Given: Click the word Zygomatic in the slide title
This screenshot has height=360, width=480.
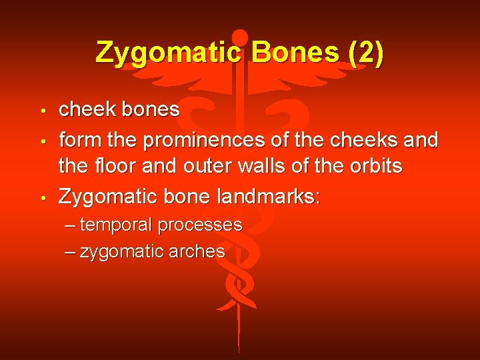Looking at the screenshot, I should pos(169,53).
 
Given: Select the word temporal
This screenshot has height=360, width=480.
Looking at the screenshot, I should pos(116,225).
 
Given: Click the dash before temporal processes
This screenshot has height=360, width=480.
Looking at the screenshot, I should pos(71,225).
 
